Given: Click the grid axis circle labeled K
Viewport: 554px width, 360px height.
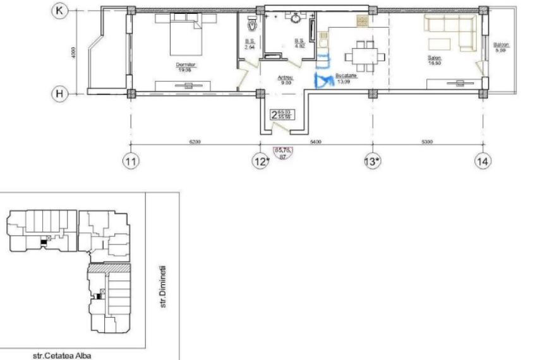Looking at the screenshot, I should pos(59,11).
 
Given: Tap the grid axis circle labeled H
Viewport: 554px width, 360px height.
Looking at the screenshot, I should pos(59,93).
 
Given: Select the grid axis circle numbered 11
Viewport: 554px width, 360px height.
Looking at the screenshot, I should pos(131,162).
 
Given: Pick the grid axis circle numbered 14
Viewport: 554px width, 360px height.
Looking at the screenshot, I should pos(483,162).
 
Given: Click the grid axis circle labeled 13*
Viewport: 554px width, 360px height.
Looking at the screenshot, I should pos(372,162).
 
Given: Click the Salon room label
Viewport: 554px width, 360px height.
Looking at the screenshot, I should pos(435,58).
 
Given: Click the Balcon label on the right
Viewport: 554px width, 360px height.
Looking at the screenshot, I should pos(502,45).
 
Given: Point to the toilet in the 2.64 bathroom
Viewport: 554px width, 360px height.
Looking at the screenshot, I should pos(252,24).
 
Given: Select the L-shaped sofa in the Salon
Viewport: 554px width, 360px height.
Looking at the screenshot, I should pos(450,32).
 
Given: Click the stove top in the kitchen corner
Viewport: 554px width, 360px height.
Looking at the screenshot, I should pos(363,20).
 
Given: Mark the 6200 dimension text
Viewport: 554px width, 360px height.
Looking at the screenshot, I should pos(195,142).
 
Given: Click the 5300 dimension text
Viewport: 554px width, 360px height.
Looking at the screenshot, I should pos(426,142).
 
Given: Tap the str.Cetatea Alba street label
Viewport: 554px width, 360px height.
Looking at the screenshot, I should pos(62,355).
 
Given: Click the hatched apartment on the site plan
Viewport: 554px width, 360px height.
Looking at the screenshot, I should pos(109,268).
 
